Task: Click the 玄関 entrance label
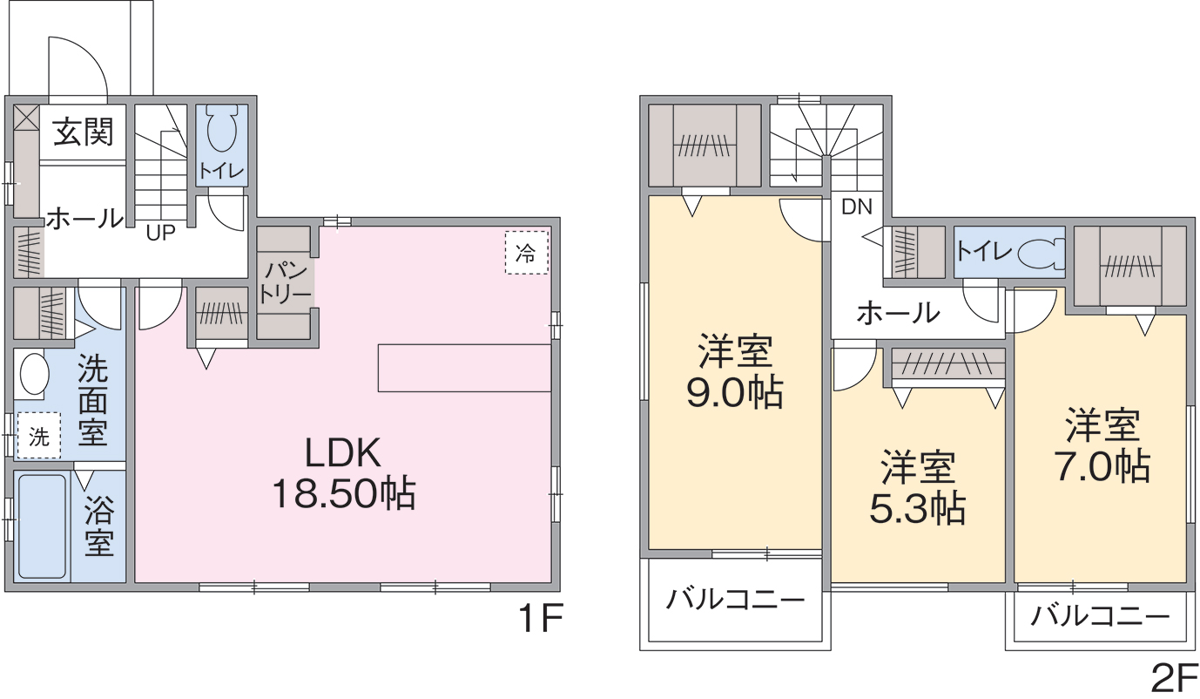(x=83, y=132)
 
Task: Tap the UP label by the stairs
(x=161, y=233)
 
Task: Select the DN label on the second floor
(x=857, y=207)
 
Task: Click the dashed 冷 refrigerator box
(x=527, y=253)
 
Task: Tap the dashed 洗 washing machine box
(x=37, y=435)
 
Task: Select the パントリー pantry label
(x=285, y=282)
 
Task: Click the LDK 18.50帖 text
(x=343, y=472)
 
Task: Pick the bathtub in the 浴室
(x=43, y=526)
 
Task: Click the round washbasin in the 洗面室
(x=34, y=373)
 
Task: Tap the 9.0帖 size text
(x=735, y=392)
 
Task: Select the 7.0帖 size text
(x=1102, y=465)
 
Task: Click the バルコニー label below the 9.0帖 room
(x=735, y=599)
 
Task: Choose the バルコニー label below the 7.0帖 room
(x=1101, y=616)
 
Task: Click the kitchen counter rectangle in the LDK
(x=464, y=368)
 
